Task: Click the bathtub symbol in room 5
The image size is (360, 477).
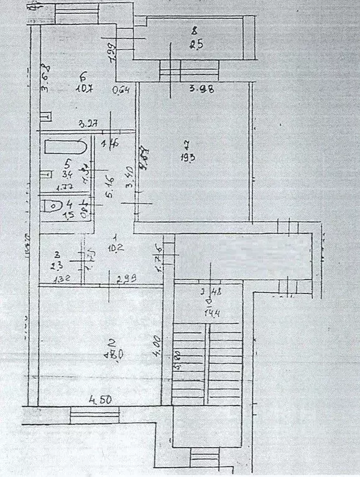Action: tap(65, 149)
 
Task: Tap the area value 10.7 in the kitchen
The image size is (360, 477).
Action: tap(85, 88)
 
